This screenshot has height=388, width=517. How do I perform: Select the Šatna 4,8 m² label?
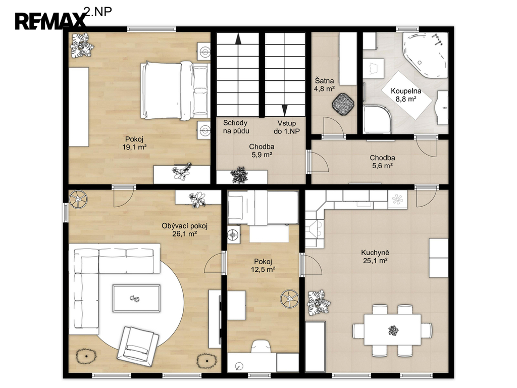[x=325, y=84]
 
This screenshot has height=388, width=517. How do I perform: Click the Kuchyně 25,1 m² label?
[x=375, y=257]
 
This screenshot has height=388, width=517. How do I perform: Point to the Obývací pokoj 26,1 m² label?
[x=185, y=230]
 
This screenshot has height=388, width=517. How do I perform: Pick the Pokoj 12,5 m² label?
[x=263, y=266]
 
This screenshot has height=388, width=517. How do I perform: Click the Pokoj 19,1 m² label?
[x=134, y=143]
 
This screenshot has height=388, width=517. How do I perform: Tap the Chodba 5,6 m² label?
[x=383, y=162]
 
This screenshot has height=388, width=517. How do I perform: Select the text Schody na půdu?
[x=236, y=127]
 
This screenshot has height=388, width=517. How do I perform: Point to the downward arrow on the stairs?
[x=284, y=110]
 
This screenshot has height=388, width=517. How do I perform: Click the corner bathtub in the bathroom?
[x=425, y=55]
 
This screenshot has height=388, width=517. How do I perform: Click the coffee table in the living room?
[x=136, y=298]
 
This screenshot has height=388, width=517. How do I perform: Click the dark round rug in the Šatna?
[x=343, y=104]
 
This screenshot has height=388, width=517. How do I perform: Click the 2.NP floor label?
[x=98, y=12]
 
